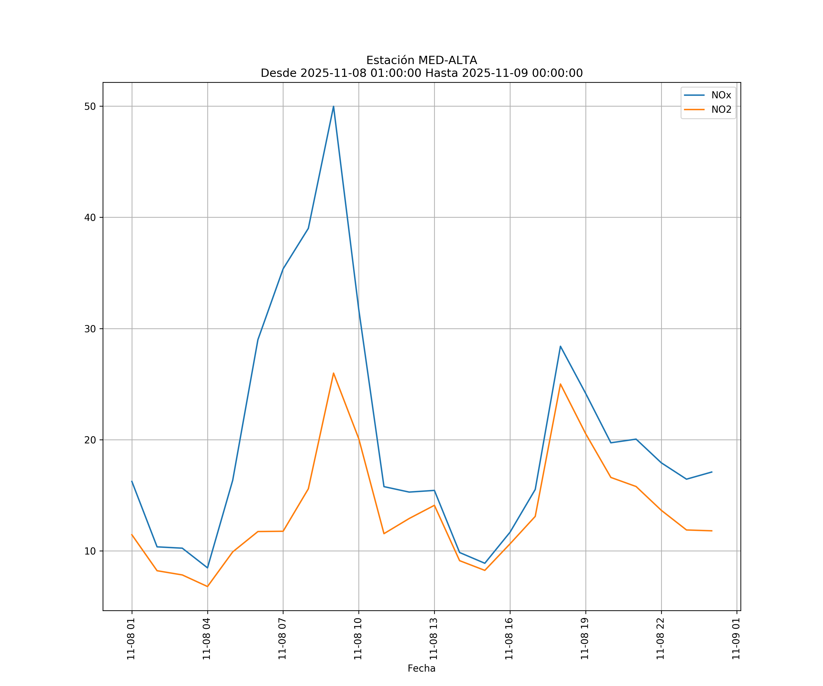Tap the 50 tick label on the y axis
pos(90,106)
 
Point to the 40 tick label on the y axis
pos(90,217)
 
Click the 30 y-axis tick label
pos(90,329)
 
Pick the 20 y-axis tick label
pos(90,440)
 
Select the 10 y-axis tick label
pos(90,551)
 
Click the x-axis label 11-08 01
pos(131,639)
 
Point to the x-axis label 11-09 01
pos(736,639)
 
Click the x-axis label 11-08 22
pos(661,639)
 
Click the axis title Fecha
pos(421,668)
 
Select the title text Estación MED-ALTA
pos(421,60)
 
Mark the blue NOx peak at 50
pos(334,106)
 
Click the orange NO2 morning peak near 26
pos(334,373)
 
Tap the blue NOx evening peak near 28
pos(560,346)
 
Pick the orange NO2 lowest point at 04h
pos(207,587)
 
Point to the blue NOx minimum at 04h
pos(207,568)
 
